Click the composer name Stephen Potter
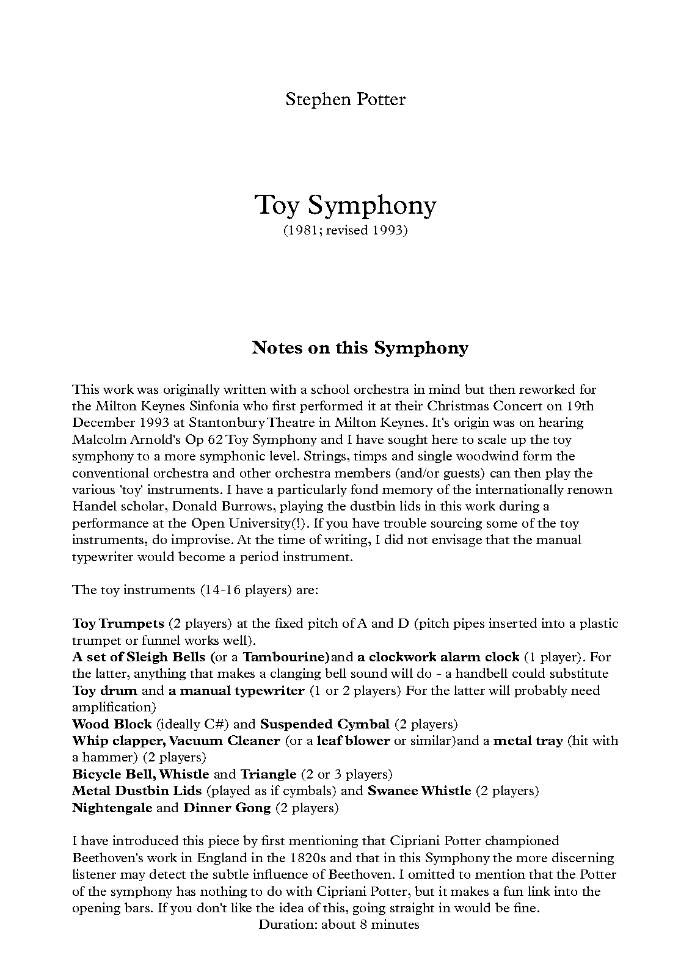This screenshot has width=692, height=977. [345, 99]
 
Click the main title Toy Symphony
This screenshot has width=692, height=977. [345, 205]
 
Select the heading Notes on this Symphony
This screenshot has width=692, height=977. [360, 348]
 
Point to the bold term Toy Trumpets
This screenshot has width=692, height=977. [118, 623]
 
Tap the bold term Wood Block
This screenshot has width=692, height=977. [112, 724]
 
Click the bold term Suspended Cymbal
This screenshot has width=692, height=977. [325, 724]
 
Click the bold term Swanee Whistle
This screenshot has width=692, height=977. [419, 791]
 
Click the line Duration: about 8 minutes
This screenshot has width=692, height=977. [339, 924]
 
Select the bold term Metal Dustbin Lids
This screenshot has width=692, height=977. [137, 791]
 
